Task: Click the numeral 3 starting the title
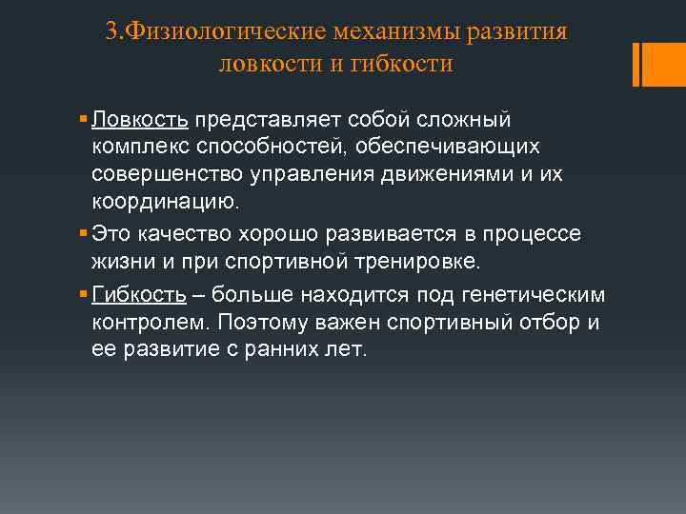111,31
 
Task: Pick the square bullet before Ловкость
85,121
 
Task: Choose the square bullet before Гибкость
85,294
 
